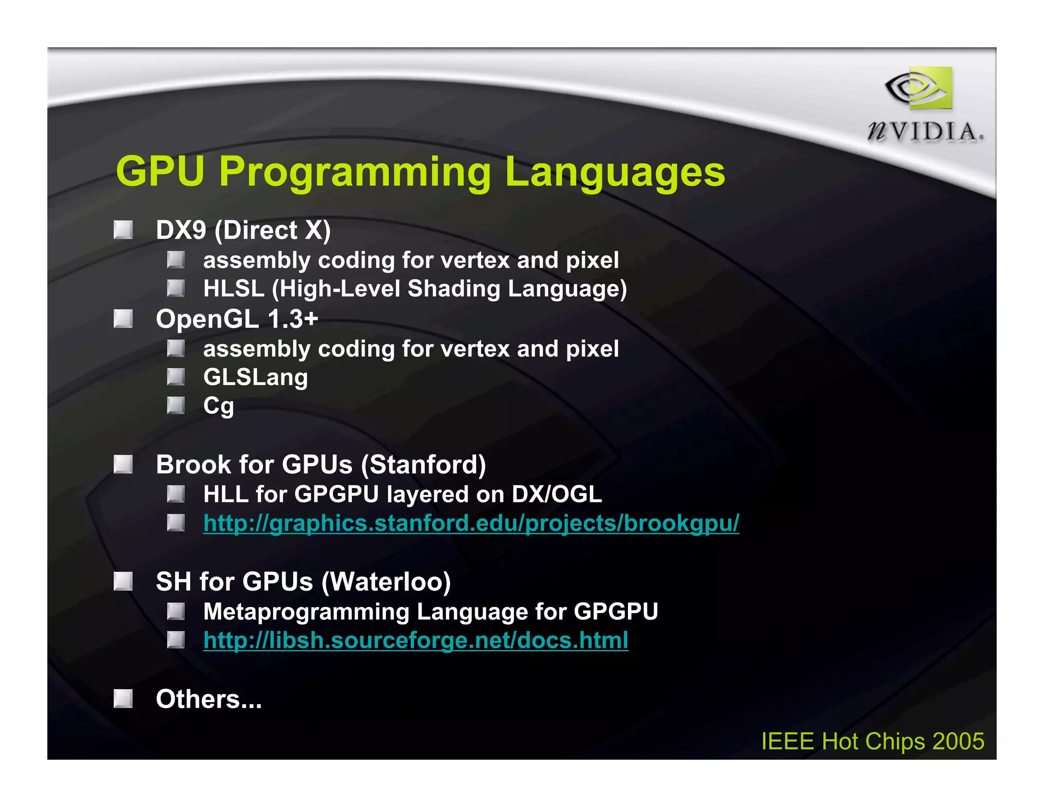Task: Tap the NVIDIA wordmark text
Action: coord(925,132)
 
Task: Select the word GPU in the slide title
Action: coord(160,171)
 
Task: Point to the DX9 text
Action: coord(181,230)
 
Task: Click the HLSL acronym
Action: coord(233,289)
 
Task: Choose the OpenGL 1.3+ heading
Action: coord(237,319)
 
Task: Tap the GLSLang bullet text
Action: coord(255,377)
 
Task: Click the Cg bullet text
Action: coord(218,406)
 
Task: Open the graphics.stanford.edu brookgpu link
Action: coord(471,523)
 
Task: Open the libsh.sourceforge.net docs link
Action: coord(415,641)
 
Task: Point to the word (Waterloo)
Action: coord(386,582)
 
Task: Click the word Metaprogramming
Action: coord(306,612)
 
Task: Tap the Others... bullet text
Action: coord(208,699)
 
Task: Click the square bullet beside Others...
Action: coord(123,699)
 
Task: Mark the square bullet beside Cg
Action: coord(176,406)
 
